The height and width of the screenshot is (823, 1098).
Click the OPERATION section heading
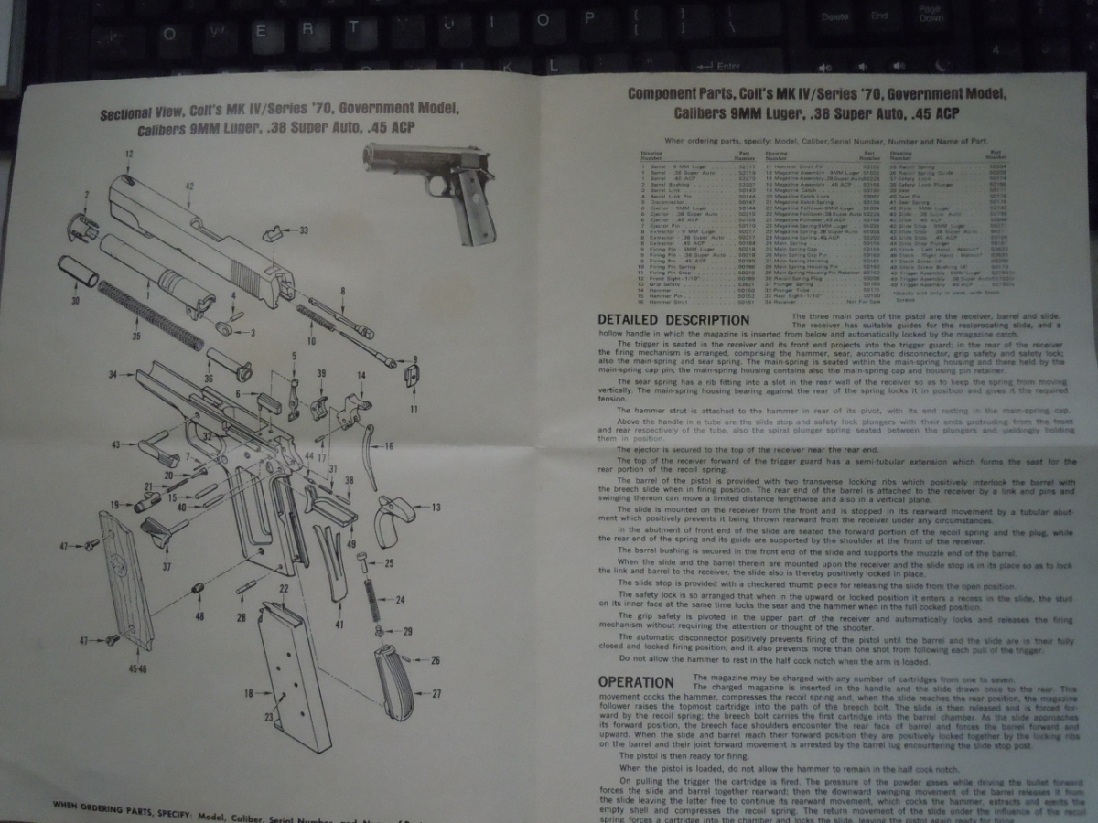(636, 682)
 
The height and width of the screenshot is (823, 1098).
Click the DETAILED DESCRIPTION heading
(673, 320)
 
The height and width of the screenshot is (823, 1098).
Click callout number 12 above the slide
(129, 155)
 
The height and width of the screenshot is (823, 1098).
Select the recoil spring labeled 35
(151, 315)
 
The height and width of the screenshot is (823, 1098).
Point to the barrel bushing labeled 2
(82, 225)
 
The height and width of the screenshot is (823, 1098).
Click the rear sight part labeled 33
(273, 234)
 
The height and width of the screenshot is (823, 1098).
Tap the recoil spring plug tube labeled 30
(79, 273)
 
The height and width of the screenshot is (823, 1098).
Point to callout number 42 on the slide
(189, 187)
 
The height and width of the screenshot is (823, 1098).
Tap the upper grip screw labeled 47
(92, 545)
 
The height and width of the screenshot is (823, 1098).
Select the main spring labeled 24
(372, 600)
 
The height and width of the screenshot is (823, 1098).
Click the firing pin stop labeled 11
(411, 377)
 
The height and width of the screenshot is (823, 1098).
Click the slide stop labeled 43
(157, 451)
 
